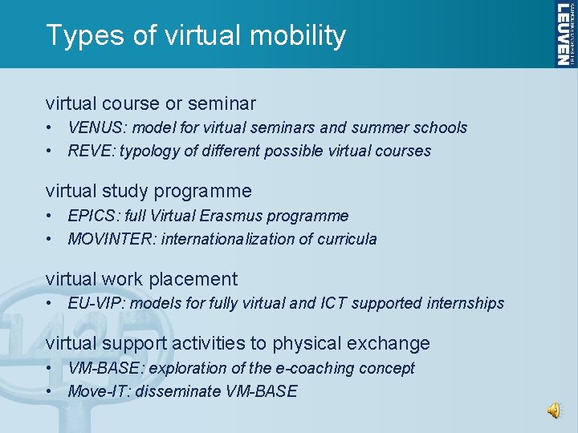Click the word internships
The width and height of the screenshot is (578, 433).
click(466, 303)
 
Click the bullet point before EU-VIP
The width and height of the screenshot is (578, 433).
click(50, 303)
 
